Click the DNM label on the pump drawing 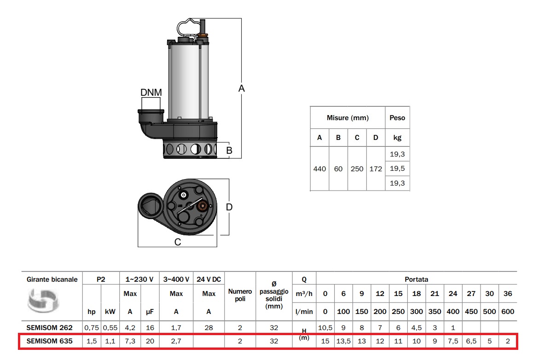(151, 93)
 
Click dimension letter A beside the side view (241, 88)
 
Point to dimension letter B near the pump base (229, 150)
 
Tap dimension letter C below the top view (178, 242)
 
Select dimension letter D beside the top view (229, 207)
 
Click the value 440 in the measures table (319, 169)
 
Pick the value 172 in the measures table (376, 169)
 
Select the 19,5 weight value (397, 168)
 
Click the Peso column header (397, 118)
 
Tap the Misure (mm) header (348, 118)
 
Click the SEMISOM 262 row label (50, 328)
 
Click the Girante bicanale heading (52, 279)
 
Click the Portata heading (416, 279)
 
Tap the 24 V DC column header (209, 279)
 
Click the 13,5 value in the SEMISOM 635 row (343, 342)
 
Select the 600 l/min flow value (508, 312)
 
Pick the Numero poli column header (240, 295)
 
